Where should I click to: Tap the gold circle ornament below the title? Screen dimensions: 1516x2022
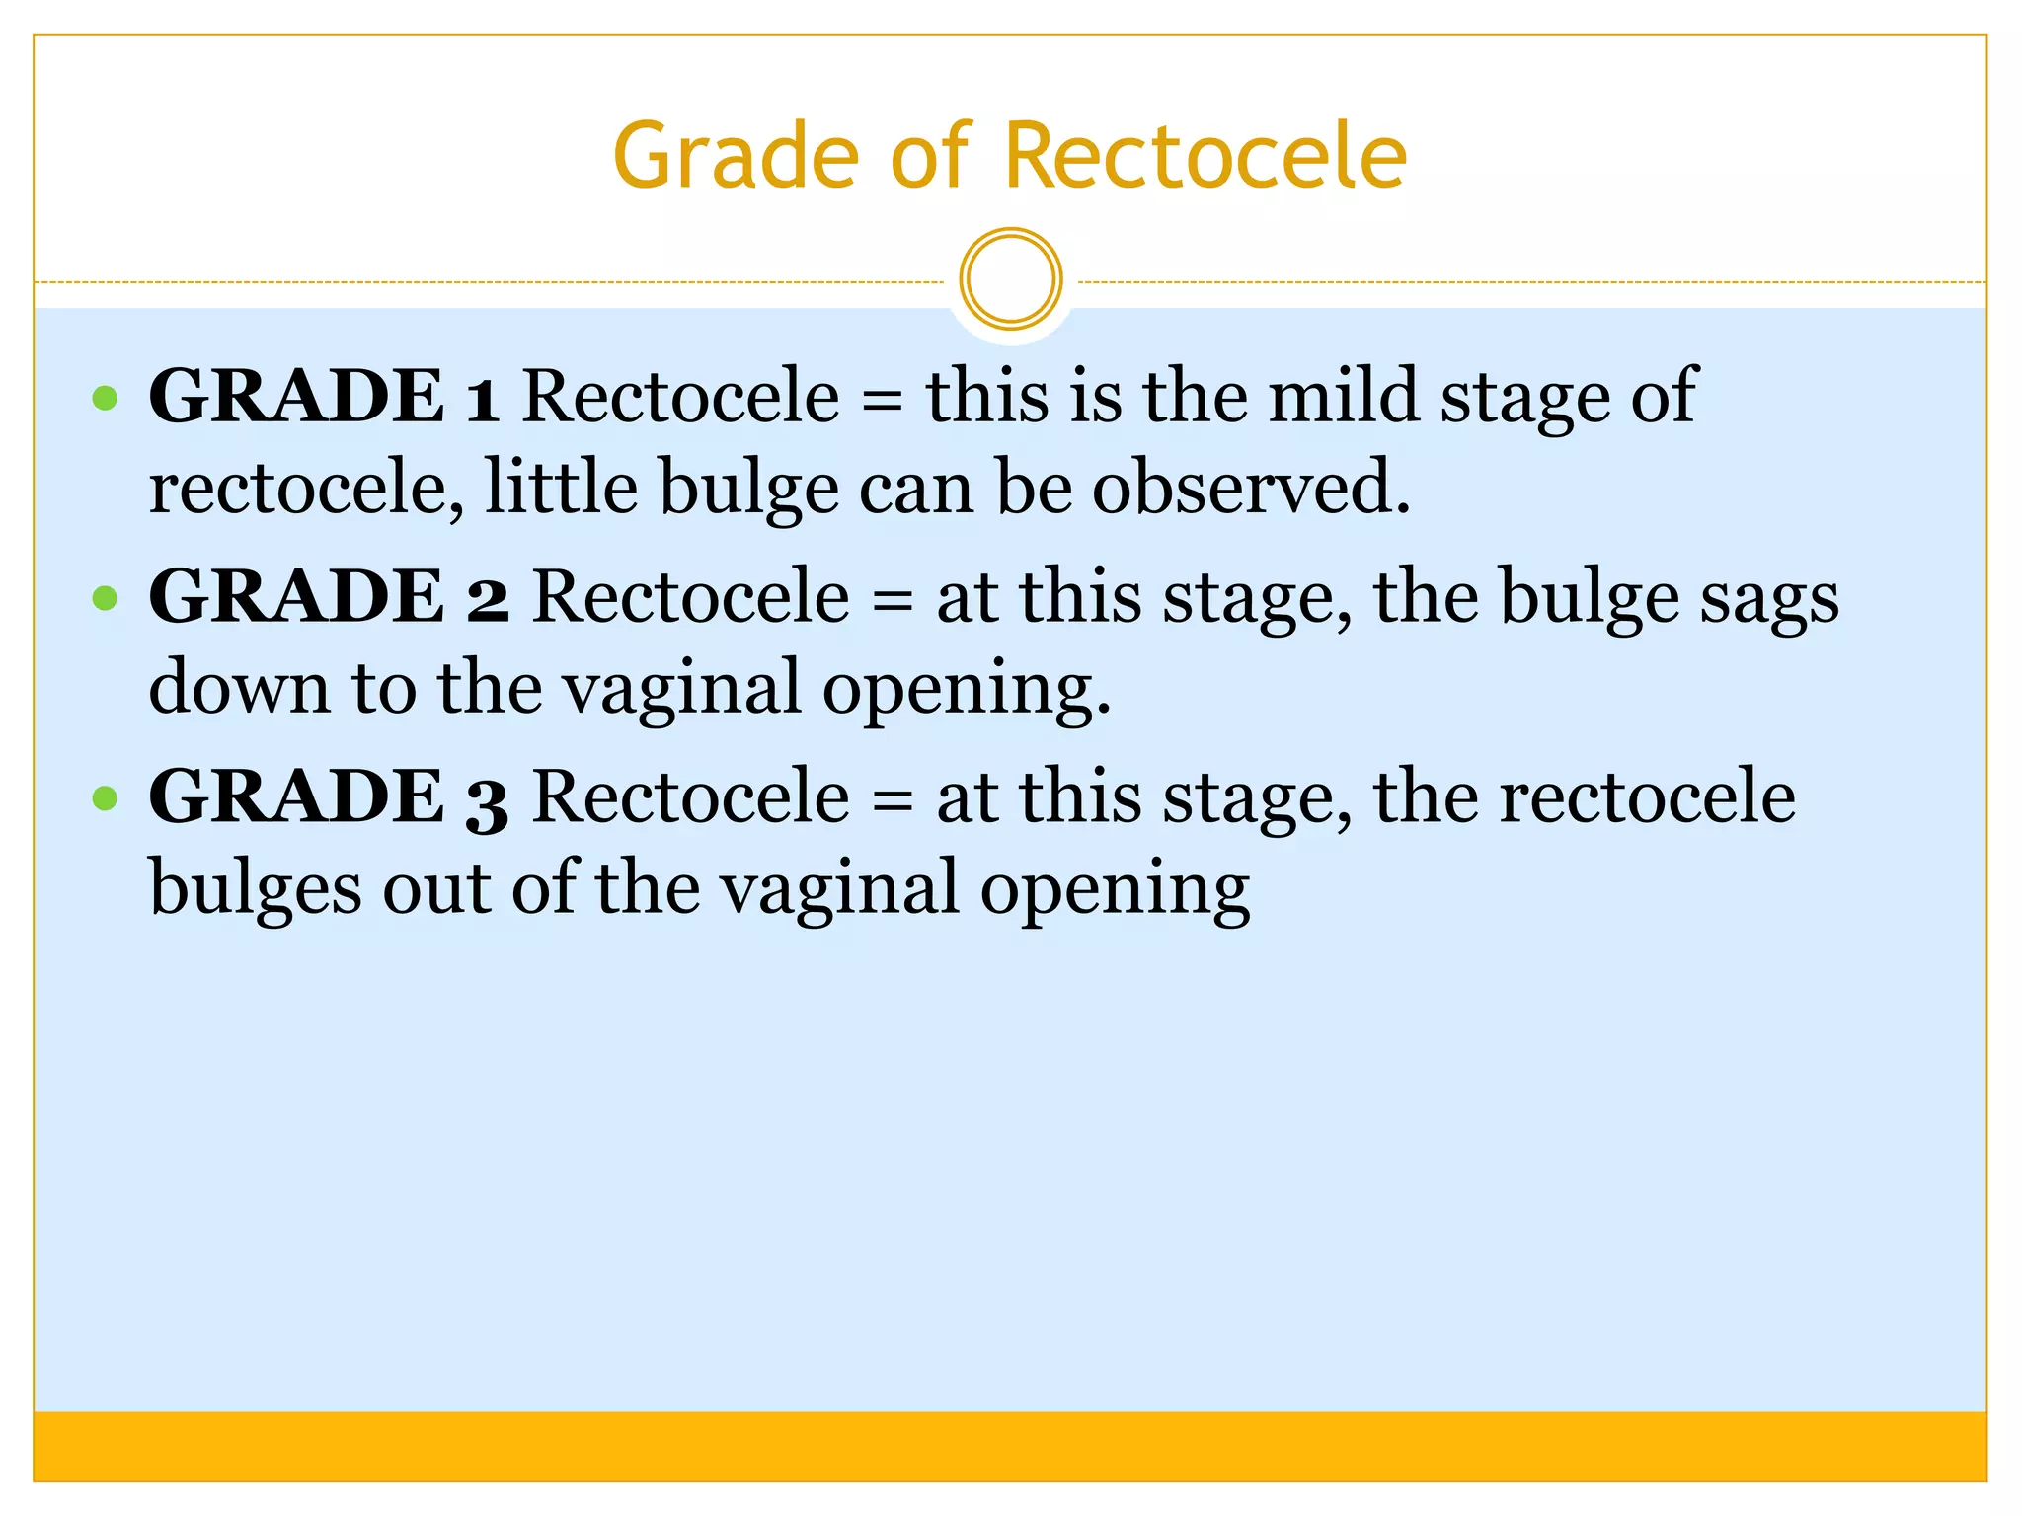click(x=1010, y=279)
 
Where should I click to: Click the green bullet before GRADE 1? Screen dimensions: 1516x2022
click(x=105, y=399)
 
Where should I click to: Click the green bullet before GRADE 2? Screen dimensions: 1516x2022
click(x=105, y=598)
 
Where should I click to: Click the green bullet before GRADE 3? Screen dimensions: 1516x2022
click(x=105, y=797)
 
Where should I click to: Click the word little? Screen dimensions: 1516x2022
click(x=562, y=488)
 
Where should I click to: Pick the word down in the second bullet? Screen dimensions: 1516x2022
click(x=239, y=688)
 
